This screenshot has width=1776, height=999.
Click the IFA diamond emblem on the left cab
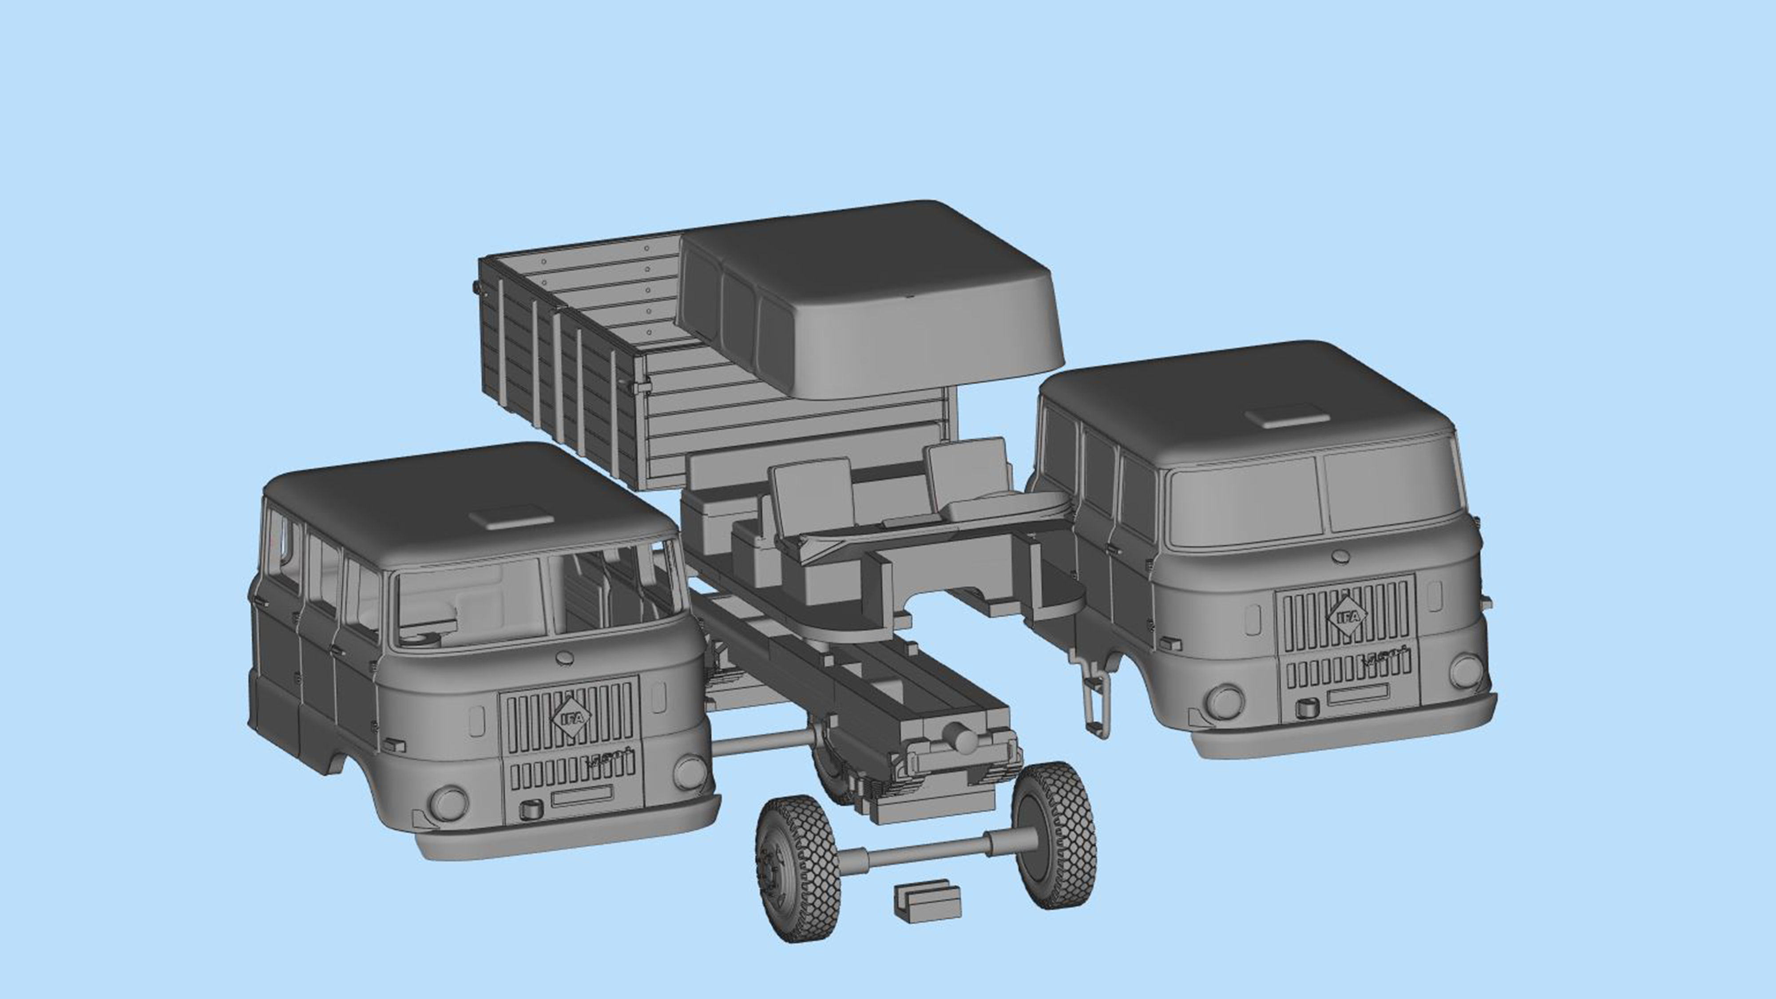pyautogui.click(x=571, y=717)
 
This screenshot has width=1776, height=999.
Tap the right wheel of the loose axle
pyautogui.click(x=1056, y=835)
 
